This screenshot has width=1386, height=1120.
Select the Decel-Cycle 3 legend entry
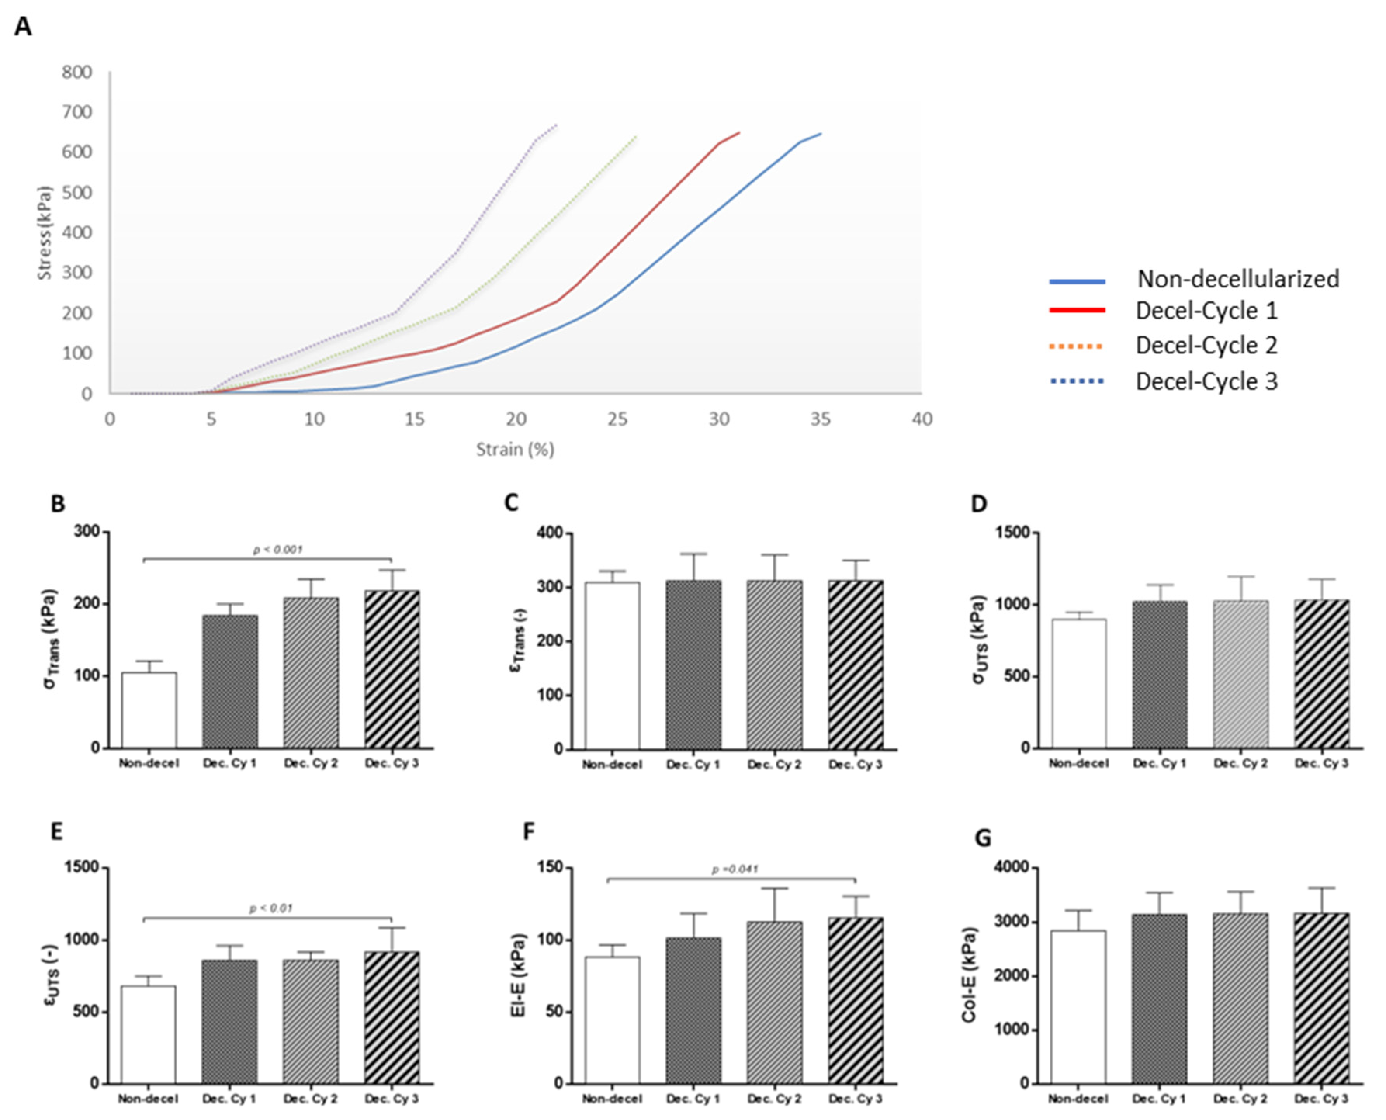pyautogui.click(x=1206, y=381)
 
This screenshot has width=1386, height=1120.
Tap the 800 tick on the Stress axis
pyautogui.click(x=77, y=72)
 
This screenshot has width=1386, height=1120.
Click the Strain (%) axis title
pyautogui.click(x=515, y=449)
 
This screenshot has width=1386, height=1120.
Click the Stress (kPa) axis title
pyautogui.click(x=45, y=233)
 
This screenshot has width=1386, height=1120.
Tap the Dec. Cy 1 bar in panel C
pyautogui.click(x=694, y=665)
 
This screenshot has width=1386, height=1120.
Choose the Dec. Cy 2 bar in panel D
pyautogui.click(x=1240, y=674)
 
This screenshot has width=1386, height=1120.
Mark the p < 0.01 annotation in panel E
pyautogui.click(x=271, y=909)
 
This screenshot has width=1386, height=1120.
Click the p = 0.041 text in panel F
pyautogui.click(x=735, y=870)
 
